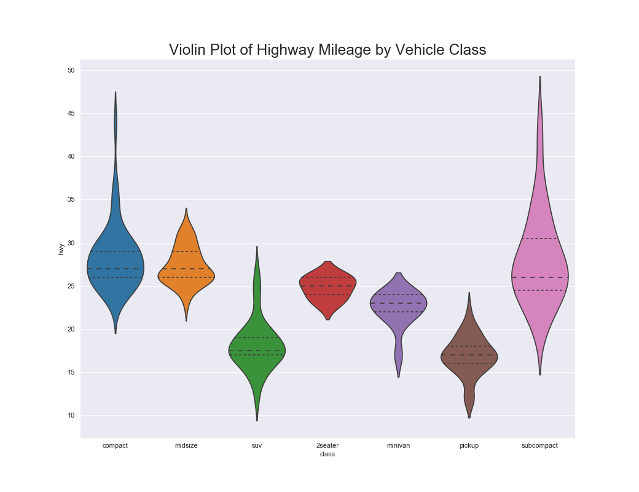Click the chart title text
(327, 50)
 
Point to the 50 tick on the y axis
(71, 70)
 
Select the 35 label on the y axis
(71, 200)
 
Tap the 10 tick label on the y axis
(71, 416)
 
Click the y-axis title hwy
(61, 249)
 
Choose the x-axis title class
(327, 454)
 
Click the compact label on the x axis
(115, 445)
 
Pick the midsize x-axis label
(186, 445)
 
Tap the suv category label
(257, 445)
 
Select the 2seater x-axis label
(327, 445)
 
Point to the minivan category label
(398, 445)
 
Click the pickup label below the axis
(469, 445)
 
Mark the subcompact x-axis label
(539, 445)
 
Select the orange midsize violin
(186, 271)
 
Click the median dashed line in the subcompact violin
(539, 277)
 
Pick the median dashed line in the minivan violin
(398, 303)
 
